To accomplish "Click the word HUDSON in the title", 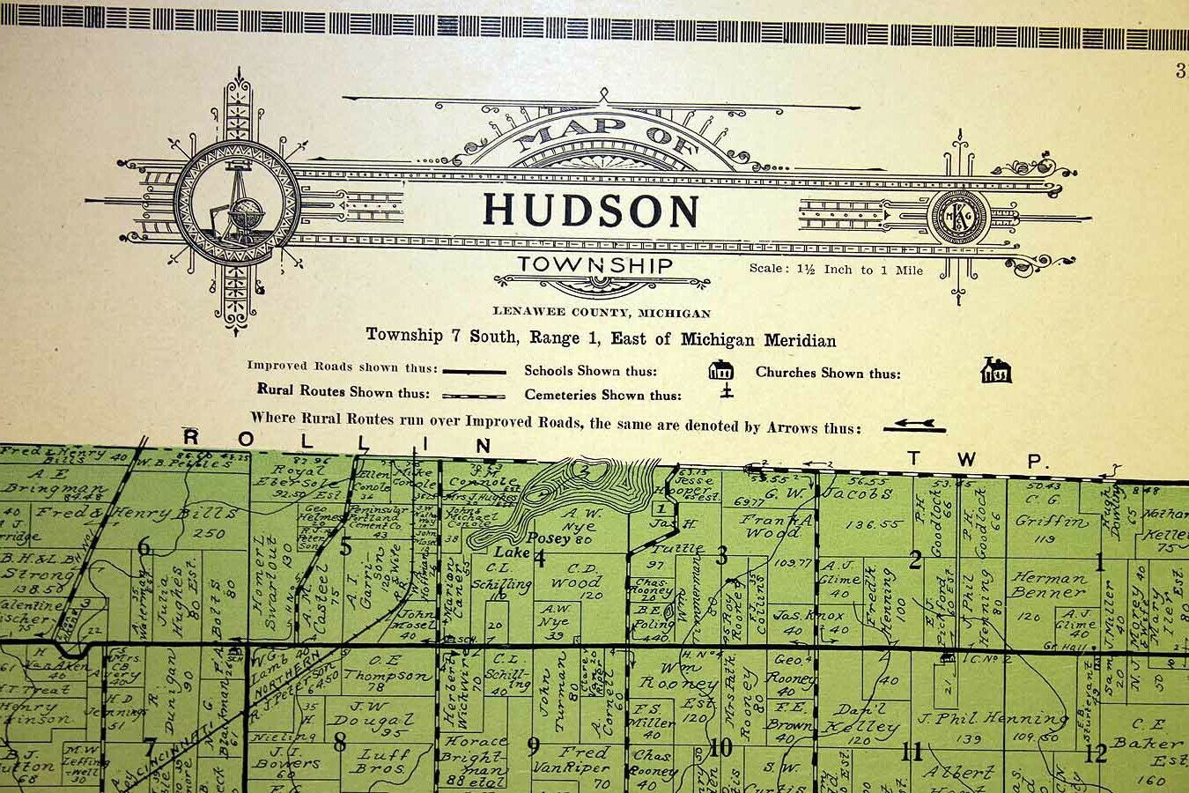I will coord(590,211).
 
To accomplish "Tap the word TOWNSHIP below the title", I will coord(595,264).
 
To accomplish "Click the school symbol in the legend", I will coord(720,371).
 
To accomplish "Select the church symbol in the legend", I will coord(996,371).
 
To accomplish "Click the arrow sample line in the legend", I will coord(915,426).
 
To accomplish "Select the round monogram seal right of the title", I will coord(961,217).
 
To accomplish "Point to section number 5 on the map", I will coord(345,547).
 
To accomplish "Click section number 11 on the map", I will coord(912,752).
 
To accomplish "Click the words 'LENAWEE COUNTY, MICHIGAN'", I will coord(602,313).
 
